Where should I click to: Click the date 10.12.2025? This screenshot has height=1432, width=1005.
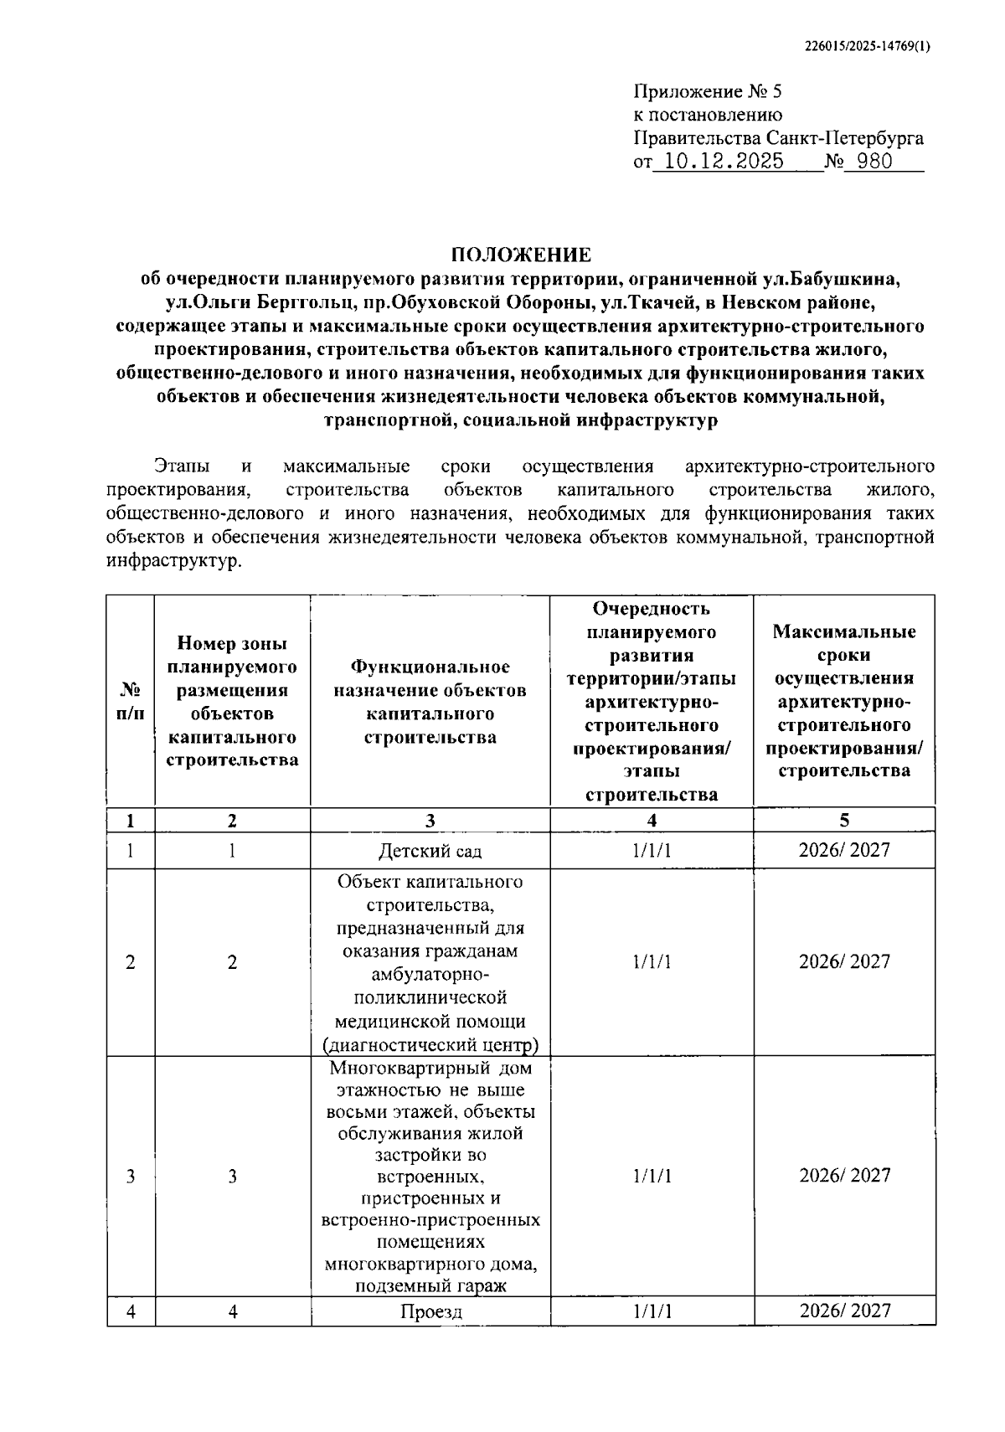pos(718,162)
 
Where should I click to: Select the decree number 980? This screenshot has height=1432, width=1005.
pos(875,162)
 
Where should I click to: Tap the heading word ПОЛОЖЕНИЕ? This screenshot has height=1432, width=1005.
pos(521,255)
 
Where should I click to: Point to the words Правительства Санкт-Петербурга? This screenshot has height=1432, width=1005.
pos(778,138)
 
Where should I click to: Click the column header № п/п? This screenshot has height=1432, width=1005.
pos(130,702)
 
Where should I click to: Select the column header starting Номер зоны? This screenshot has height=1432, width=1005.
pos(232,702)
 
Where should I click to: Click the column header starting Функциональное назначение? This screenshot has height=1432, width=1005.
pos(430,702)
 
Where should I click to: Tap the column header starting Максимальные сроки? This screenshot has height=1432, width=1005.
pos(844,702)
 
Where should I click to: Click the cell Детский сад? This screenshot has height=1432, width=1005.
pos(430,852)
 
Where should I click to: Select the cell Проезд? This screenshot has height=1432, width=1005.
pos(430,1311)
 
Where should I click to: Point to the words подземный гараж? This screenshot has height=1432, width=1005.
pos(430,1286)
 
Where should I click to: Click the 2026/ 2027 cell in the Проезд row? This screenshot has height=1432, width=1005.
pos(844,1311)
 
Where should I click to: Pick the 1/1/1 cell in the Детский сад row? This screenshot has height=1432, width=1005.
pos(652,852)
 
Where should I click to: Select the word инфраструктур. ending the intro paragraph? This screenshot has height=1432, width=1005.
pos(173,560)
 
